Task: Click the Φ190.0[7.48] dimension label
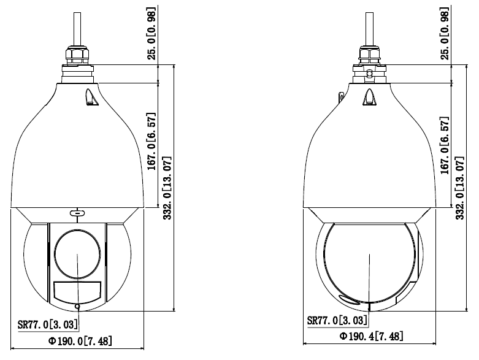click(80, 341)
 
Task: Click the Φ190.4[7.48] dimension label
click(371, 336)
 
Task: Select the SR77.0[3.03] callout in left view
click(48, 324)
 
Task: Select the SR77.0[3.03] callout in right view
click(337, 320)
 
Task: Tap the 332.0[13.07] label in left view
click(167, 188)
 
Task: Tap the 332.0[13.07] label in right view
click(460, 188)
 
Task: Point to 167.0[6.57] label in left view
click(151, 142)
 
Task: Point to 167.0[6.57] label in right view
click(445, 145)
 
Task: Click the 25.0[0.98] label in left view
click(151, 33)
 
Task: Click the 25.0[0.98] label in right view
click(445, 33)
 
